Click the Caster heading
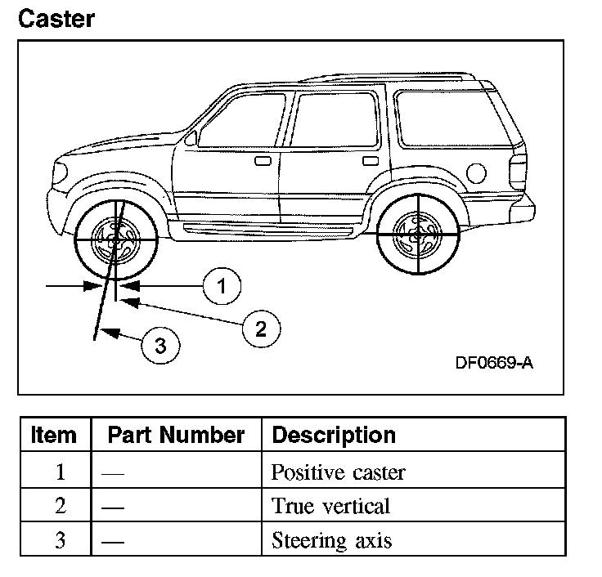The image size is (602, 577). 56,19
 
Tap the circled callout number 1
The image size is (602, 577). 222,286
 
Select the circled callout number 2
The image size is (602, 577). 261,329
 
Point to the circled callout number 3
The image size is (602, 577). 160,345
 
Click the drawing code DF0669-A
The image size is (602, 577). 494,363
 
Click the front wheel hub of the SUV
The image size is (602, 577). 115,240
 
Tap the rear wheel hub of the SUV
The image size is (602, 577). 418,234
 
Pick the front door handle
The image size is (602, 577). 263,161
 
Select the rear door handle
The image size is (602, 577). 371,160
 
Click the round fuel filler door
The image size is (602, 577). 476,172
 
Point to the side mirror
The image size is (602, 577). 191,138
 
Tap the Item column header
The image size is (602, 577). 54,435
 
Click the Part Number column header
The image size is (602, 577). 176,435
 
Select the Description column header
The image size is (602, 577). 334,436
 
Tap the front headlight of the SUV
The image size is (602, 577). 60,172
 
